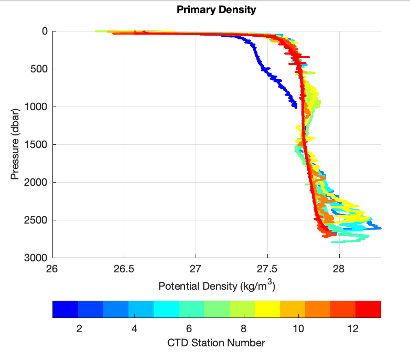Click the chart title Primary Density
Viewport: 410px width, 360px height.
(216, 10)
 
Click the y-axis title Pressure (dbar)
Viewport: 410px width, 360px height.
(15, 144)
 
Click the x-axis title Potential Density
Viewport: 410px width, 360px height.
(216, 287)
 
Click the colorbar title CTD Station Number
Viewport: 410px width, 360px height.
(216, 343)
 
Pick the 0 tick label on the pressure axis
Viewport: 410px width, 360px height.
(45, 31)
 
